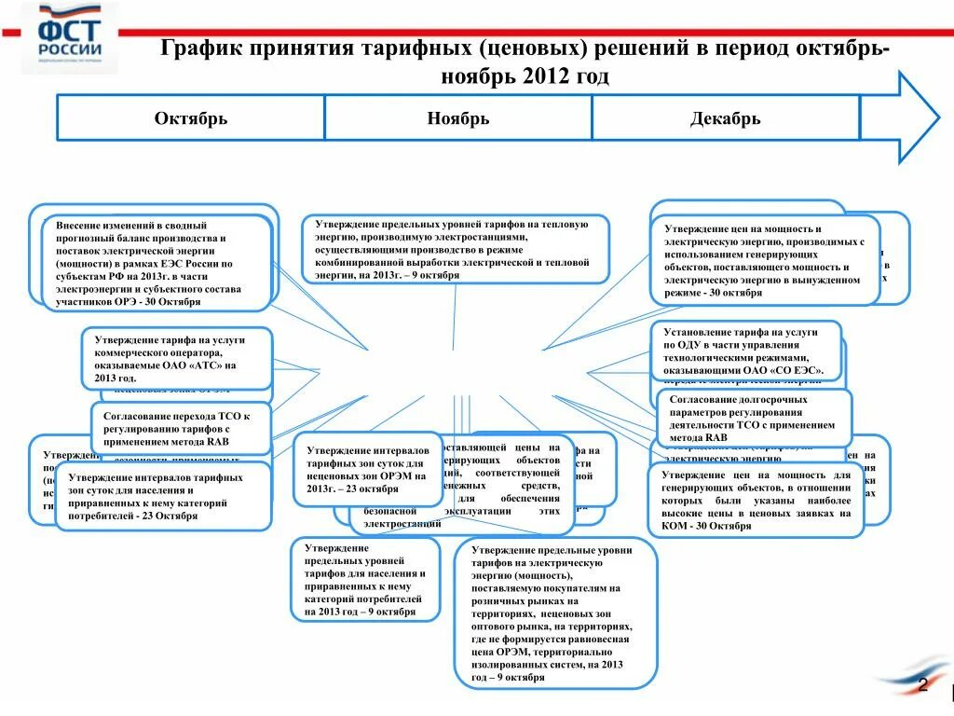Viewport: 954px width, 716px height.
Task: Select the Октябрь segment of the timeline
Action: pos(191,118)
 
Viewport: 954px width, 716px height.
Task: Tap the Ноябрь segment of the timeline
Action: pos(457,118)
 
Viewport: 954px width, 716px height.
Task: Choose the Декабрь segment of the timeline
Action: pos(725,118)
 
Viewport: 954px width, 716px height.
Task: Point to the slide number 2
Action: pos(922,686)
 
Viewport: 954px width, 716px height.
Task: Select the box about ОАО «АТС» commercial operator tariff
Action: pos(177,359)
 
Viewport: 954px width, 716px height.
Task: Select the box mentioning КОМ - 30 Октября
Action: pos(756,501)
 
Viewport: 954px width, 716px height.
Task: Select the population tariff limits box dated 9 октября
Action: pos(364,579)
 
